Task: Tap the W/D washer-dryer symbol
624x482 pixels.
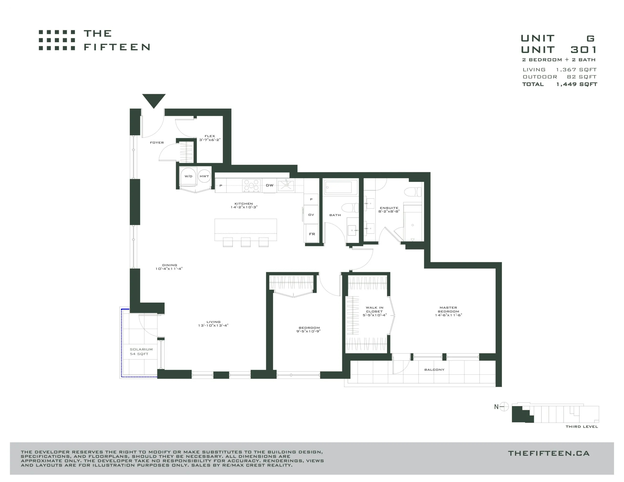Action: (188, 176)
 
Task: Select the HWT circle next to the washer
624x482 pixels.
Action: (204, 176)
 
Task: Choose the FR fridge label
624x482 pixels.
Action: (312, 234)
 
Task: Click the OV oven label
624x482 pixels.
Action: (311, 215)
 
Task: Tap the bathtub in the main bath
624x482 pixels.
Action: (340, 187)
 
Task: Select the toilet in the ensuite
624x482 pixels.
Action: (413, 192)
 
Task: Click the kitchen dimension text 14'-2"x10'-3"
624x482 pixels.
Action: (244, 207)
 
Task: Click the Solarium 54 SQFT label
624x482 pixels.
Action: (141, 351)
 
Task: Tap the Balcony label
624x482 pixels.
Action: (434, 370)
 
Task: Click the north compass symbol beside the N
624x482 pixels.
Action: (504, 406)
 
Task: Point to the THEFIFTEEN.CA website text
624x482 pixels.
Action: (549, 453)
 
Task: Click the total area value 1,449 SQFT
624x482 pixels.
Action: (576, 84)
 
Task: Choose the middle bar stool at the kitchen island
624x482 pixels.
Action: (246, 242)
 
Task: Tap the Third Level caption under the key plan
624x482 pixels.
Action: (582, 427)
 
